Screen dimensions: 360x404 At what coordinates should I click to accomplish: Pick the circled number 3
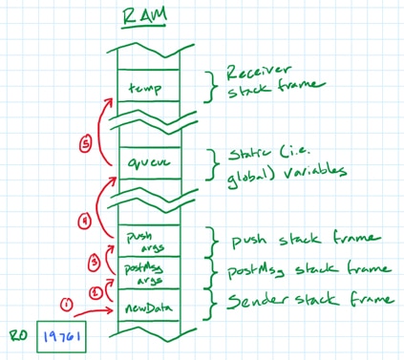(x=95, y=260)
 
